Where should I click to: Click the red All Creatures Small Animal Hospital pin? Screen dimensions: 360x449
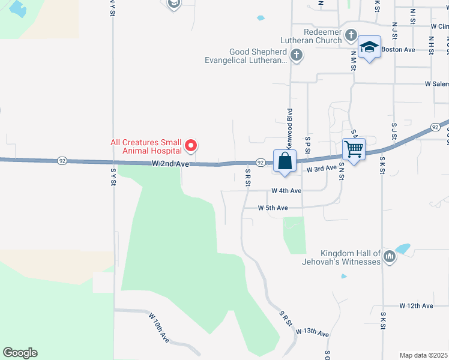pos(191,145)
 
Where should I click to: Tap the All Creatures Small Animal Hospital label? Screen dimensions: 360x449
pos(146,146)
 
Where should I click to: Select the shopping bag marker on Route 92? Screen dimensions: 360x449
pos(285,161)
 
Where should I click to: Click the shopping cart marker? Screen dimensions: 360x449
pos(354,149)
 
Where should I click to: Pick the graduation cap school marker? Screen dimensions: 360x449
pos(369,47)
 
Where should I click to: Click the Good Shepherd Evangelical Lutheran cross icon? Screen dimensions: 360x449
pos(295,56)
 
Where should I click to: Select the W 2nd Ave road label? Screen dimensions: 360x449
pos(170,163)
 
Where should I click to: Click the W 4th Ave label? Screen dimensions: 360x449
pos(286,191)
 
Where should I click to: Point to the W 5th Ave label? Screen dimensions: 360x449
pos(273,208)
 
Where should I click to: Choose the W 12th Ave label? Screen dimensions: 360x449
pos(416,306)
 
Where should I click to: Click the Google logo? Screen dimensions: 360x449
pos(20,353)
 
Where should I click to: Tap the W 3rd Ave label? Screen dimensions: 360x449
pos(321,169)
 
